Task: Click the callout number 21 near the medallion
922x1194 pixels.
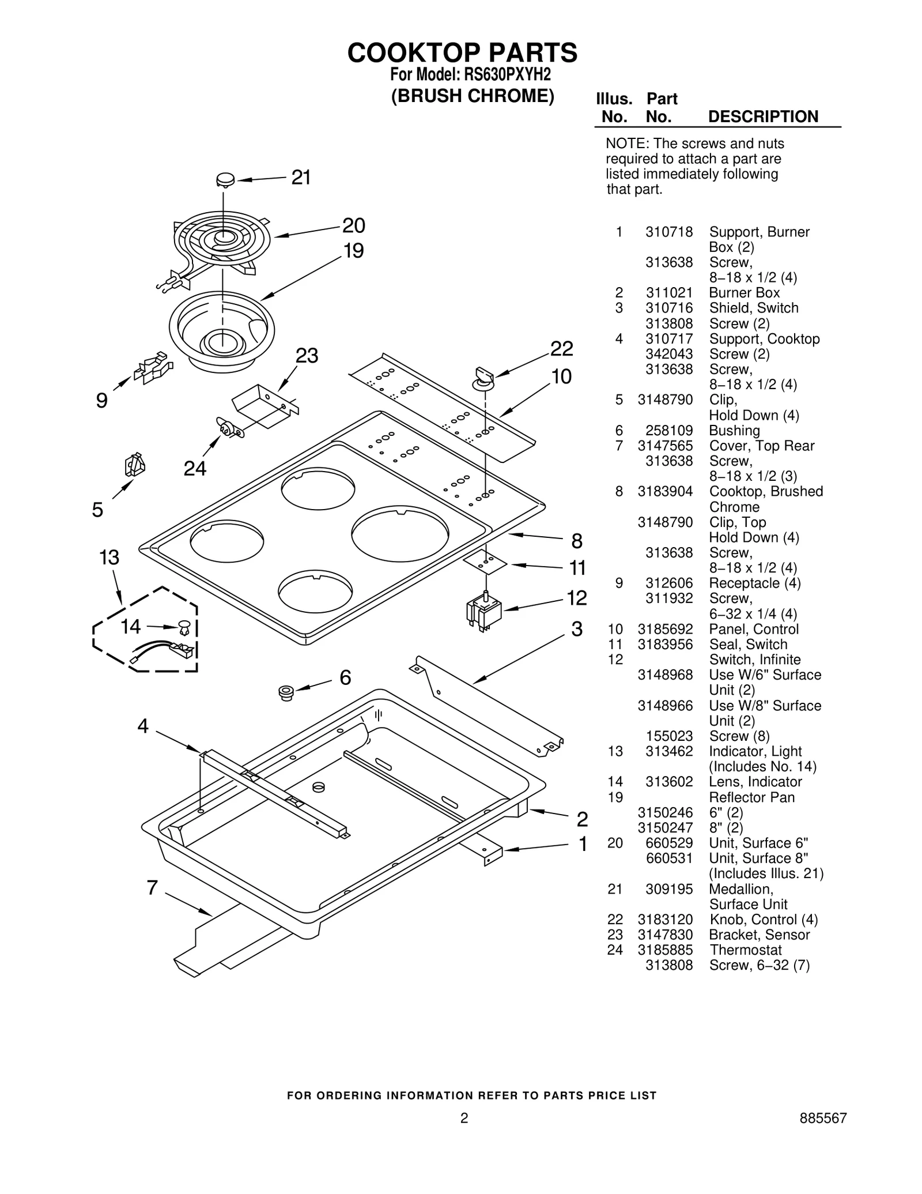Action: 301,178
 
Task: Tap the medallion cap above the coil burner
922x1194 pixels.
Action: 225,180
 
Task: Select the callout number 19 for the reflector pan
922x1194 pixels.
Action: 354,251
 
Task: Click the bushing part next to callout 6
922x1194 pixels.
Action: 285,692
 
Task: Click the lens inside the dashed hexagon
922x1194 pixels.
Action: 184,626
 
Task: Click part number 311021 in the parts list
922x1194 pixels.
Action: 669,293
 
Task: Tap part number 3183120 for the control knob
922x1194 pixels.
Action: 665,919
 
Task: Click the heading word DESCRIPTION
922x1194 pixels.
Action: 763,116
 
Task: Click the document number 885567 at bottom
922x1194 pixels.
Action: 823,1118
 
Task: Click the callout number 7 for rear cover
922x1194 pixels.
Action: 152,888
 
